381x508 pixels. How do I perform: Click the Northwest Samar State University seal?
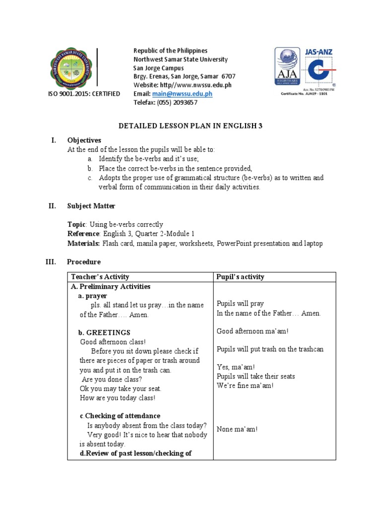pyautogui.click(x=71, y=68)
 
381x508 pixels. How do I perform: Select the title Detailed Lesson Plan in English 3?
pyautogui.click(x=190, y=126)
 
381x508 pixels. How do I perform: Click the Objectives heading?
pyautogui.click(x=84, y=140)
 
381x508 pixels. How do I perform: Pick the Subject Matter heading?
pyautogui.click(x=91, y=206)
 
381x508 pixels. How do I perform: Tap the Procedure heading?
pyautogui.click(x=84, y=261)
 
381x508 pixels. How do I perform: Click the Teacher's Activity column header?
pyautogui.click(x=100, y=277)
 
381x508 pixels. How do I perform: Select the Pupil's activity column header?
pyautogui.click(x=241, y=277)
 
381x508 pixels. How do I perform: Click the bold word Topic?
pyautogui.click(x=76, y=225)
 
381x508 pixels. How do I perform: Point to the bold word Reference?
pyautogui.click(x=83, y=234)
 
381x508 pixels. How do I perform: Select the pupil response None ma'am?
pyautogui.click(x=237, y=429)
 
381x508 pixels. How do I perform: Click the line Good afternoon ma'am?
pyautogui.click(x=252, y=331)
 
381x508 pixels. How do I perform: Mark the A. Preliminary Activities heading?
pyautogui.click(x=110, y=287)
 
